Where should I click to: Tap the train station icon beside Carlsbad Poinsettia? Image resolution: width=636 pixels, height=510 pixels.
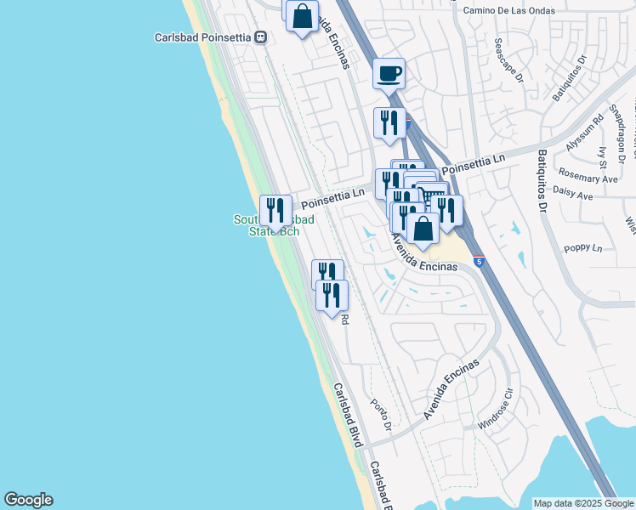point(261,37)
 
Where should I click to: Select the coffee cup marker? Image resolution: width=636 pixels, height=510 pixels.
point(389,73)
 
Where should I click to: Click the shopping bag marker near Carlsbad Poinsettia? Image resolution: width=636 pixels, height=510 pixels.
point(302,16)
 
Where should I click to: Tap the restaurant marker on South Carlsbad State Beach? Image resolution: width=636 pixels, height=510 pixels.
point(275,209)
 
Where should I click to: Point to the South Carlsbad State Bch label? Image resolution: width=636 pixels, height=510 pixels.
point(274,225)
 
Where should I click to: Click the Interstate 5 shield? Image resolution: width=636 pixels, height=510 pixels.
point(480,262)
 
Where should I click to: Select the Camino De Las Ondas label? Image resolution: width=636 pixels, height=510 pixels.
point(509,11)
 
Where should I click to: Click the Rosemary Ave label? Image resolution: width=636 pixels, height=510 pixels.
point(588,179)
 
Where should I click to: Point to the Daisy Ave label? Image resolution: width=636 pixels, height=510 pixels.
point(573,195)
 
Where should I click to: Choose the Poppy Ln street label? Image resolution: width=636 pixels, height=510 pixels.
point(582,249)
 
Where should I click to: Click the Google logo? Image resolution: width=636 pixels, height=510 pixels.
point(28,500)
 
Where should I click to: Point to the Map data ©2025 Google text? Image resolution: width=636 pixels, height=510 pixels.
point(582,503)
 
